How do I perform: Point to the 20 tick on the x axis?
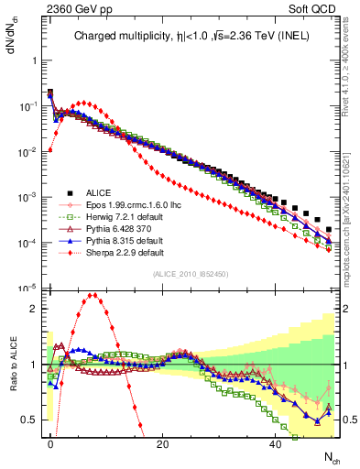tap(163, 444)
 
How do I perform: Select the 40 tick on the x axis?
tap(276, 444)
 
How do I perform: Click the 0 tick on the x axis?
tap(50, 444)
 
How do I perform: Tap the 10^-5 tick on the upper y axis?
tap(28, 288)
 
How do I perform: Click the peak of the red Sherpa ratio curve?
tap(93, 295)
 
